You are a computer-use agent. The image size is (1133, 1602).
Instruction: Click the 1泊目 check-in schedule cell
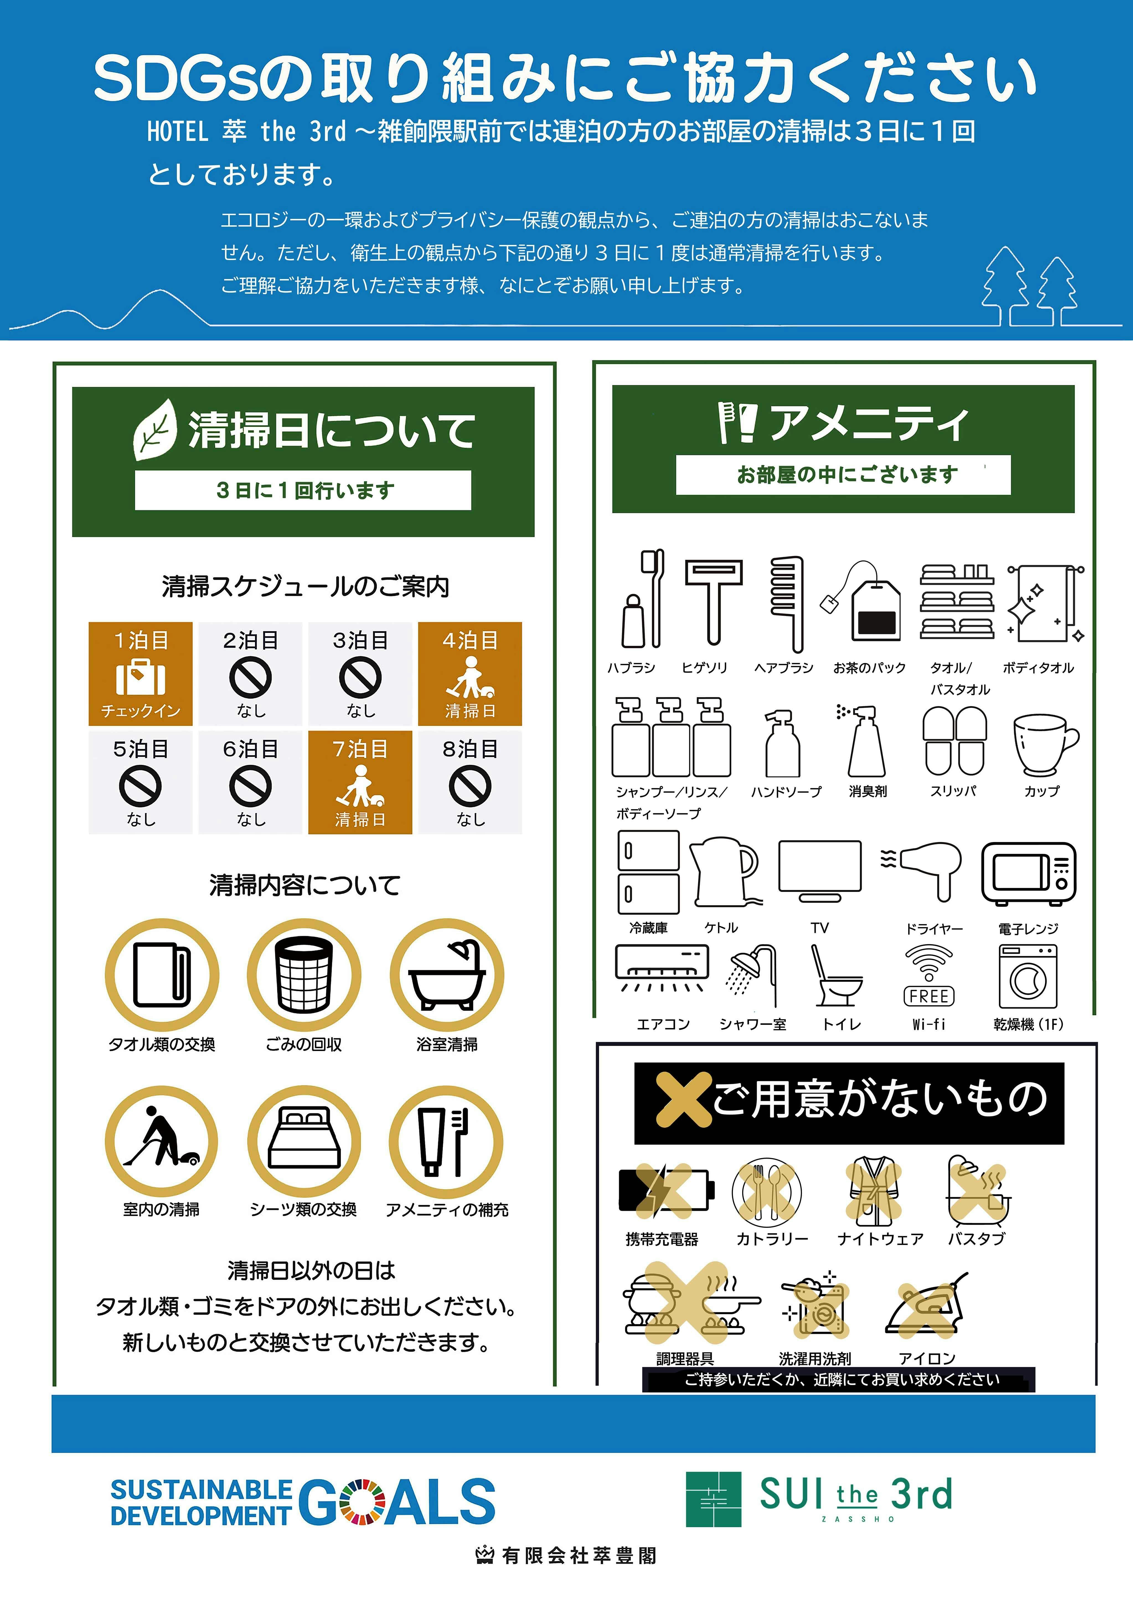[140, 673]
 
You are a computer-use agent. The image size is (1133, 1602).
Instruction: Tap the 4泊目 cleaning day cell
[470, 673]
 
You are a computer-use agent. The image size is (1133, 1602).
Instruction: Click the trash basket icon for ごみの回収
[304, 975]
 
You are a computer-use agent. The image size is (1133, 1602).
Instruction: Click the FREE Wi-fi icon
[928, 975]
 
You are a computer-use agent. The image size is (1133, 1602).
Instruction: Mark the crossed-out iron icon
[926, 1306]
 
